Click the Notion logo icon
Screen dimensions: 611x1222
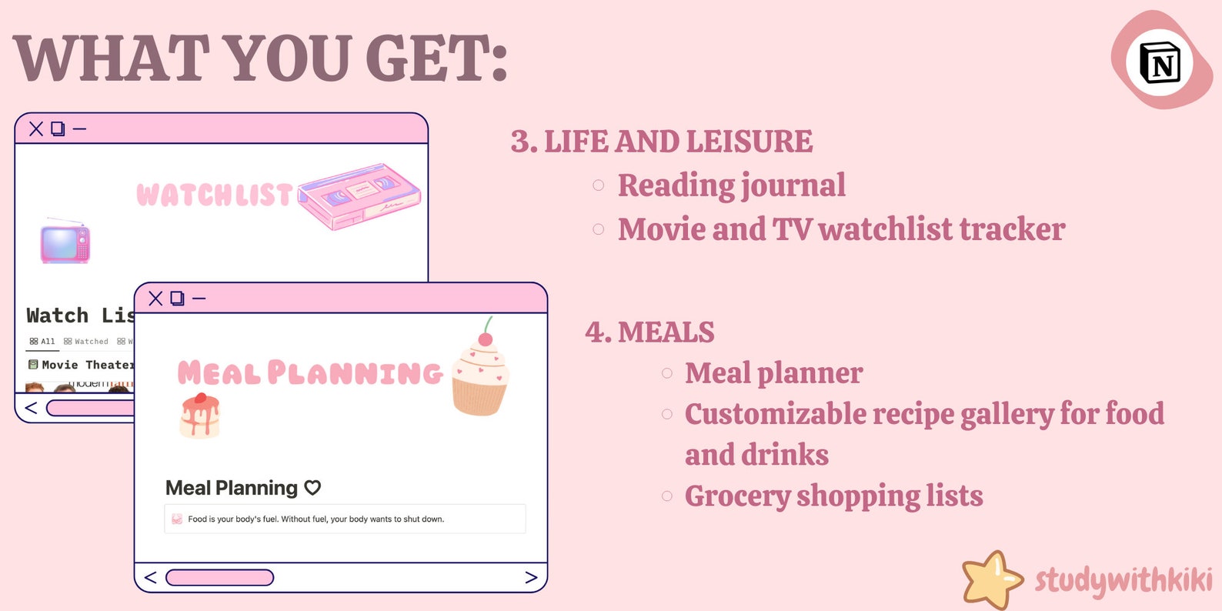click(1160, 62)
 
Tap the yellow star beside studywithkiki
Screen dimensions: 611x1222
click(991, 579)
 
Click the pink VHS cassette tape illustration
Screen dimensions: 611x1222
click(360, 195)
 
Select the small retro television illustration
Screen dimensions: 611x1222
click(65, 242)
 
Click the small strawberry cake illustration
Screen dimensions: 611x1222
click(200, 416)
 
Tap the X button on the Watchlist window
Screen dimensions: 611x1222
click(36, 129)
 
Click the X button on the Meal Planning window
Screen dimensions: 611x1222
click(155, 298)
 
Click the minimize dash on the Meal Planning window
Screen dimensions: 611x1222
click(199, 298)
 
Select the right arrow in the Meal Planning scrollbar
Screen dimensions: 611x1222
click(531, 577)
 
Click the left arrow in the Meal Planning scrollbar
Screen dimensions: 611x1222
click(150, 577)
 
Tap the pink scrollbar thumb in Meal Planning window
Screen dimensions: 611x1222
click(219, 577)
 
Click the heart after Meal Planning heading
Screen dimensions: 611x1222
click(312, 487)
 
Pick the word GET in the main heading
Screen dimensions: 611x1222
click(436, 58)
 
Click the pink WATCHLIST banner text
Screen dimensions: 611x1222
click(215, 195)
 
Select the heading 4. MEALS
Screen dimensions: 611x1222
click(649, 332)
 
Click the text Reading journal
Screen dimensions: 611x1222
click(731, 185)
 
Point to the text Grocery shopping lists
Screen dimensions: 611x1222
click(833, 496)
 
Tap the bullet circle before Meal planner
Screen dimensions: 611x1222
click(667, 373)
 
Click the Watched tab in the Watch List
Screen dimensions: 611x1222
click(86, 341)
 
